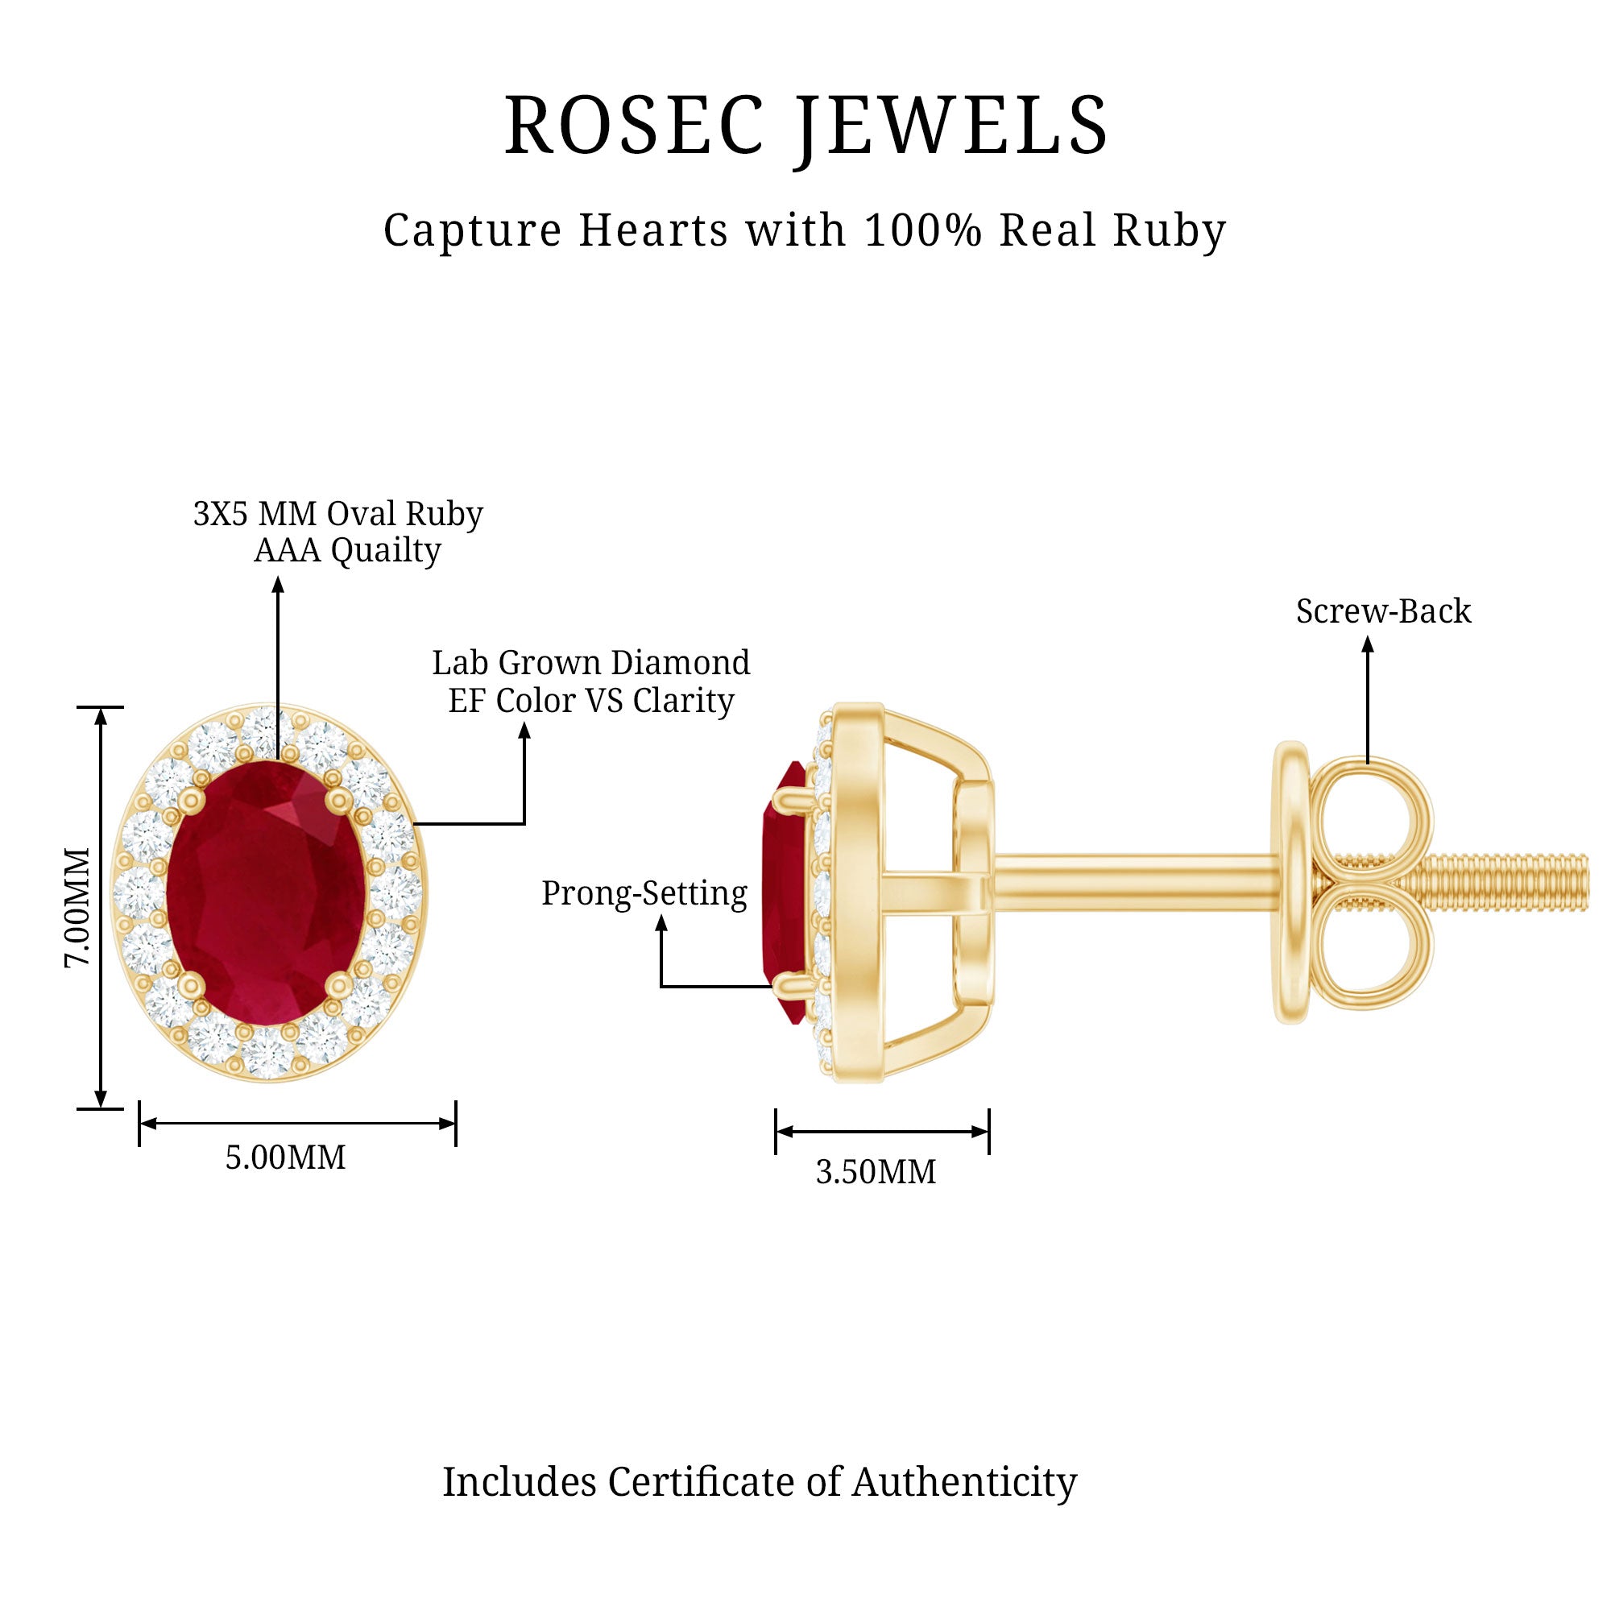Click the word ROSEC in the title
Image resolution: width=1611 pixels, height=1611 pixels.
pos(634,125)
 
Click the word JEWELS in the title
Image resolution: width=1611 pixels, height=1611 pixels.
pos(952,126)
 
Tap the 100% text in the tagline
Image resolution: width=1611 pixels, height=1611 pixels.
pos(923,230)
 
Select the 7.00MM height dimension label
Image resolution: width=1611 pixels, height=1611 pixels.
pos(77,907)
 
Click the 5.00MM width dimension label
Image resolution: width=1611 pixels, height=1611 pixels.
pos(285,1158)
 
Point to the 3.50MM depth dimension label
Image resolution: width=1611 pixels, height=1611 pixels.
pos(876,1172)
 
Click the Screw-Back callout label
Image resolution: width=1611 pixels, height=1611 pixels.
pos(1383,612)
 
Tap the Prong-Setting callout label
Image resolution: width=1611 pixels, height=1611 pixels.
pos(644,893)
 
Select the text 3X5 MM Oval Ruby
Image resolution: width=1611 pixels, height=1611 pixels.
pos(338,514)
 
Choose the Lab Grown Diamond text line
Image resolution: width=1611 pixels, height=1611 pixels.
pos(590,663)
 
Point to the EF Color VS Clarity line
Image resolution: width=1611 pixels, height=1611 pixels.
pos(590,701)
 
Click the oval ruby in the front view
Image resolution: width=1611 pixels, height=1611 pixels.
pos(265,892)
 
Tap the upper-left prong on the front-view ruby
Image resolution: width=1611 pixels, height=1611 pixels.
pos(193,798)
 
